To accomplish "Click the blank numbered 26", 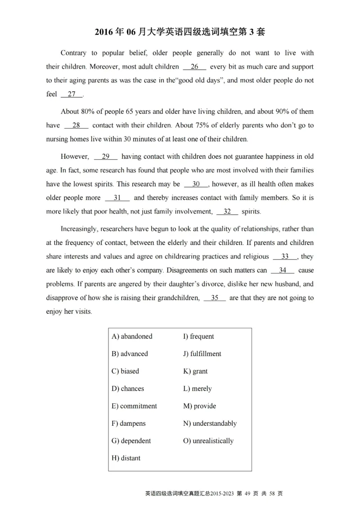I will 194,67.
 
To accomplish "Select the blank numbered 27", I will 72,94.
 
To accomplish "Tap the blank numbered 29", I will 106,157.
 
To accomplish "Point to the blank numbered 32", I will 227,212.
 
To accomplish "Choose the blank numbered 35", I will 215,298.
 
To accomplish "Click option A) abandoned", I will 132,336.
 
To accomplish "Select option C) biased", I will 125,371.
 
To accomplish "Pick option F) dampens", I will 128,424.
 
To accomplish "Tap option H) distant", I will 126,458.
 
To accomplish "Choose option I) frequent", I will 198,336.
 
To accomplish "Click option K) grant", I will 195,371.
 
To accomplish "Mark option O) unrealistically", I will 208,441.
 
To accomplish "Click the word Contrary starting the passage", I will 73,53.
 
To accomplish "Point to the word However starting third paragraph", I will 75,157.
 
